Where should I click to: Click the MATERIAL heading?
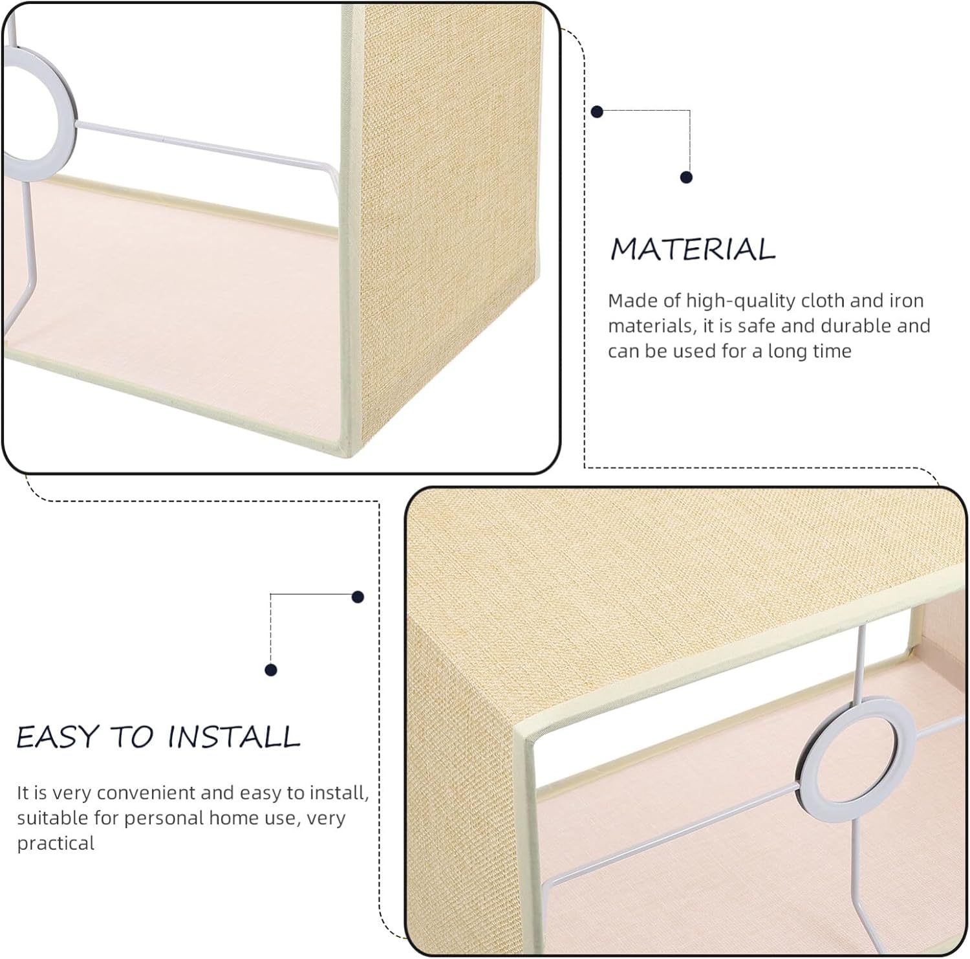(x=693, y=249)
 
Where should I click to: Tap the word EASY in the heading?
(x=55, y=737)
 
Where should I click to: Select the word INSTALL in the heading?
(x=234, y=737)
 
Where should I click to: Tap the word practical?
(x=56, y=843)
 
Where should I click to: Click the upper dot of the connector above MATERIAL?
(x=598, y=112)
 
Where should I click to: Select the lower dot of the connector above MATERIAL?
(x=686, y=177)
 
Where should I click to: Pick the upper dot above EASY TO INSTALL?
(x=358, y=597)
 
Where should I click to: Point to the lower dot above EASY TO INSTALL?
(x=271, y=670)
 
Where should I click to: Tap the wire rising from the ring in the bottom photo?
(x=861, y=667)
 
